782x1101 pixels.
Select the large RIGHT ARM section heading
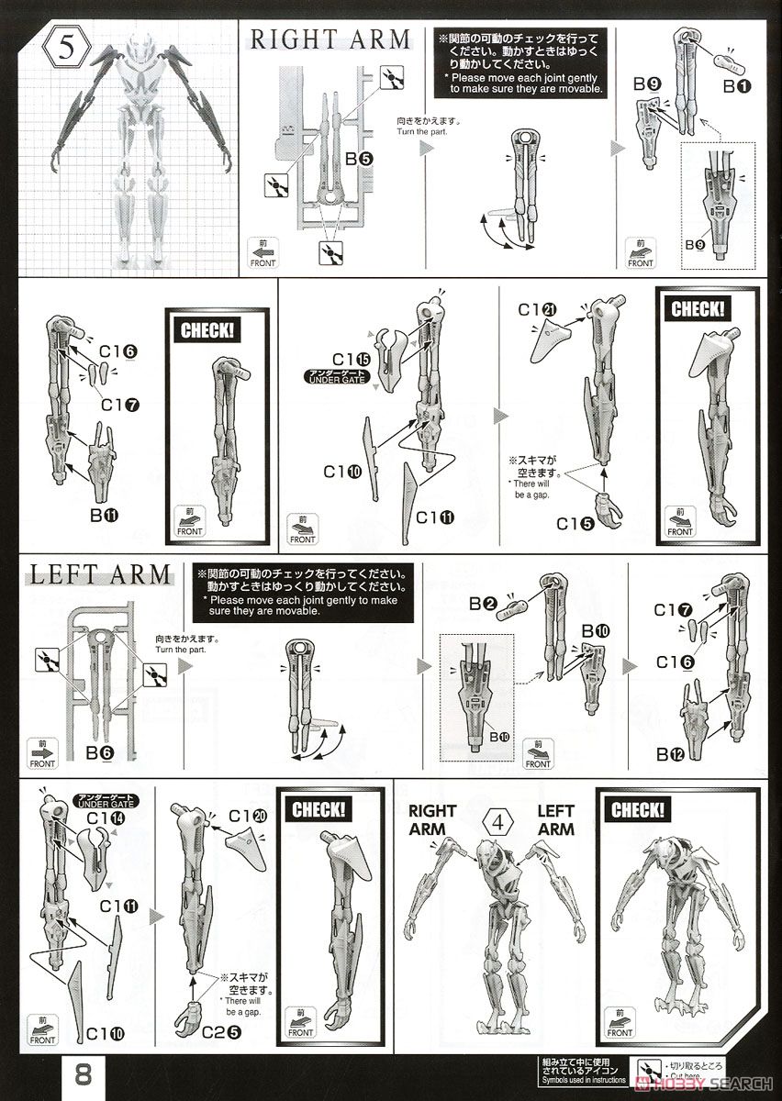coord(330,39)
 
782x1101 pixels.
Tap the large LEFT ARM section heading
coord(101,575)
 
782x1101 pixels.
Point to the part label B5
coord(358,158)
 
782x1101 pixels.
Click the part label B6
coord(99,752)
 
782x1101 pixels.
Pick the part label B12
coord(671,753)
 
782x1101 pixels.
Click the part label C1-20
coord(247,815)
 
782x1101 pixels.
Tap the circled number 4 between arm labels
coord(497,819)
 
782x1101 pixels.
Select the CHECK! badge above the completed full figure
coord(637,811)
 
